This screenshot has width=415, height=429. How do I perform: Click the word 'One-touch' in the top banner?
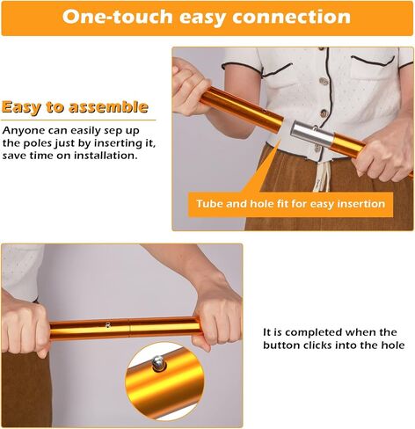[117, 17]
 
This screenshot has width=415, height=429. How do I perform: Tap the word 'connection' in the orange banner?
[291, 17]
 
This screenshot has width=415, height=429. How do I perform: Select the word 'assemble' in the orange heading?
[108, 107]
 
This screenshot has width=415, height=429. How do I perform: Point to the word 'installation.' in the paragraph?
[106, 156]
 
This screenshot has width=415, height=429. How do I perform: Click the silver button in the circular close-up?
[158, 363]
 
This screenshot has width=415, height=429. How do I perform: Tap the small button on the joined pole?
[108, 324]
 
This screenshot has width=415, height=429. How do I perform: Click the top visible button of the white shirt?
[324, 81]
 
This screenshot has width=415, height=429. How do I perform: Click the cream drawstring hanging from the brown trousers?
[322, 175]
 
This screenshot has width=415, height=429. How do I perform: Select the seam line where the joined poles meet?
[129, 328]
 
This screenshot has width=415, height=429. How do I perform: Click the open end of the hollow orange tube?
[279, 124]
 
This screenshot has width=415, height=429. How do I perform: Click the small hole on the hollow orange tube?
[265, 111]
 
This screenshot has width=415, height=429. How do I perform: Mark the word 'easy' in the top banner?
[202, 18]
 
